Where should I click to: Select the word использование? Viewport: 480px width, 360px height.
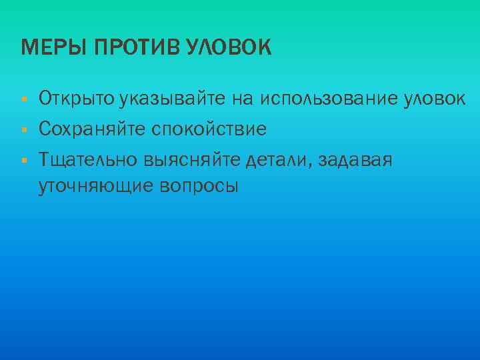click(x=331, y=100)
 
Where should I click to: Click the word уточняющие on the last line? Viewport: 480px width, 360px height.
click(x=95, y=185)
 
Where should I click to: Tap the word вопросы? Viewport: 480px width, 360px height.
click(x=197, y=185)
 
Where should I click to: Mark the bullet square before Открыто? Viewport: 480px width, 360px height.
click(x=23, y=100)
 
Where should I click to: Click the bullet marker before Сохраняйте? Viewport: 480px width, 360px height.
click(x=23, y=129)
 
